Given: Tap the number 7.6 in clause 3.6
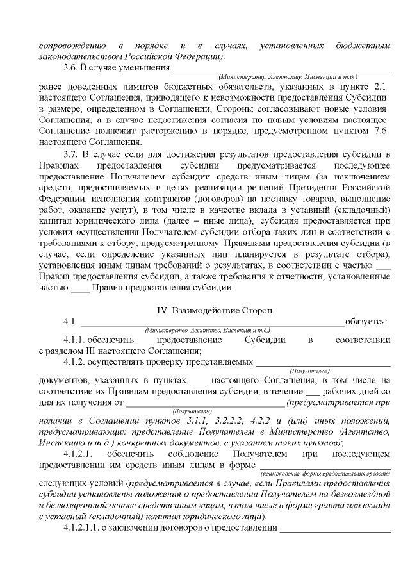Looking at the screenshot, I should (x=379, y=131).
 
